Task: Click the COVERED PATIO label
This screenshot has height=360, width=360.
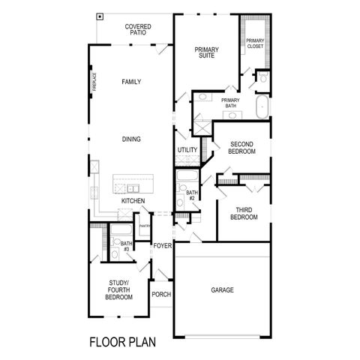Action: tap(138, 30)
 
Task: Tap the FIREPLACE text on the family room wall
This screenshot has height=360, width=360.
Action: tap(95, 82)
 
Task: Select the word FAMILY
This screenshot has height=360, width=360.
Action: tap(131, 82)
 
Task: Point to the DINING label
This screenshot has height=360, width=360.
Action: tap(132, 139)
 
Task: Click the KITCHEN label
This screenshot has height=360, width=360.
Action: tap(133, 201)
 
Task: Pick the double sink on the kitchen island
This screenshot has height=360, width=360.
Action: tap(132, 188)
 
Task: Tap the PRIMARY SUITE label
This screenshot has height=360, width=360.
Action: tap(206, 53)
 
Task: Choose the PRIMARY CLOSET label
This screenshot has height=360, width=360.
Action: tap(255, 43)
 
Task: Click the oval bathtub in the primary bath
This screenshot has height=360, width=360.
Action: tap(262, 107)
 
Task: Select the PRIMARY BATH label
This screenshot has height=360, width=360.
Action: tap(230, 103)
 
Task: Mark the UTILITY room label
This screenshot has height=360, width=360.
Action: tap(187, 150)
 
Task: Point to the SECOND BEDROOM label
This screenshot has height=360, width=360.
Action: tap(242, 148)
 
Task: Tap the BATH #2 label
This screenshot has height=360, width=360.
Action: tap(191, 195)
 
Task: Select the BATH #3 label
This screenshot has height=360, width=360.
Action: tap(126, 244)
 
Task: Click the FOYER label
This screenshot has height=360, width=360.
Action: tap(162, 246)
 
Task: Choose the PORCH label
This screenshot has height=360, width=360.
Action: tap(161, 294)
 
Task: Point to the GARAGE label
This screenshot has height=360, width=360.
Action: tap(222, 289)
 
